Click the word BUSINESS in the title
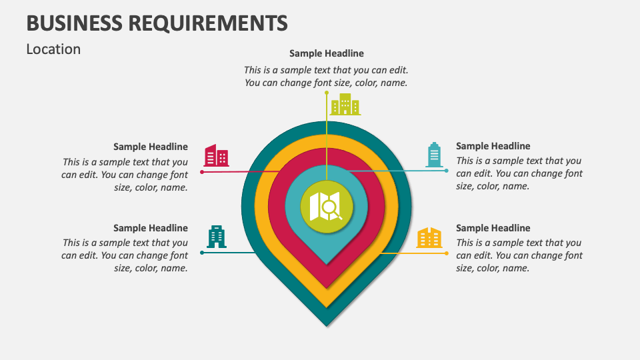click(74, 23)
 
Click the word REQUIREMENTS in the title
click(208, 23)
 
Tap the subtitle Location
click(53, 49)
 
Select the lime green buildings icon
click(345, 105)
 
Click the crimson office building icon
click(216, 155)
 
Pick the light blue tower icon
click(434, 155)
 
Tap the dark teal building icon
click(217, 237)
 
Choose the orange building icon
click(429, 237)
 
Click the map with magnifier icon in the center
click(326, 207)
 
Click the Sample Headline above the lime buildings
click(327, 53)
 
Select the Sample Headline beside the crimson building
click(151, 147)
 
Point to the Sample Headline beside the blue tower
click(493, 146)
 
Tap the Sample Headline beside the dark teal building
click(151, 228)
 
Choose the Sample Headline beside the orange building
click(493, 228)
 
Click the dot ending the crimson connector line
click(202, 172)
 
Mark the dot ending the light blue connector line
click(447, 171)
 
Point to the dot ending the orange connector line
click(447, 253)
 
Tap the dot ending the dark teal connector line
click(202, 253)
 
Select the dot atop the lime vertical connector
click(327, 93)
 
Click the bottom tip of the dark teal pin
click(327, 326)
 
